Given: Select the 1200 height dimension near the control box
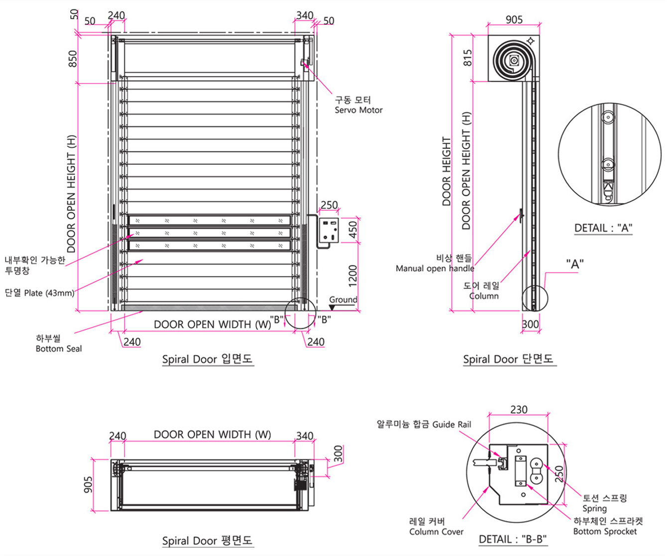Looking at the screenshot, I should tap(352, 276).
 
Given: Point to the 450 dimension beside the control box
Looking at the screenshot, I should tap(352, 230).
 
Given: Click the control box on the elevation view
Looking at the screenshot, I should tap(329, 230).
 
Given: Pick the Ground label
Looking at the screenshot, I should tap(343, 300).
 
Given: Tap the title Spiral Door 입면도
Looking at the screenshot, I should tap(208, 359).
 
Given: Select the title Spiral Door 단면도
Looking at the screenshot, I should tap(508, 359).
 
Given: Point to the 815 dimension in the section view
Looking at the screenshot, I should tap(468, 58).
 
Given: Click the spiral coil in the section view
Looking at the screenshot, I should tap(513, 61).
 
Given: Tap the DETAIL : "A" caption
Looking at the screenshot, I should tap(603, 228).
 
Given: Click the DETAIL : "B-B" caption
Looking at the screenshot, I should tap(513, 539).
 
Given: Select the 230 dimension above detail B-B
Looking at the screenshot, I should tap(519, 410).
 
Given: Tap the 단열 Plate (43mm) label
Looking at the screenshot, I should tap(39, 293).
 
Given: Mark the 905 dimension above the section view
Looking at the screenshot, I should tap(514, 20).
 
